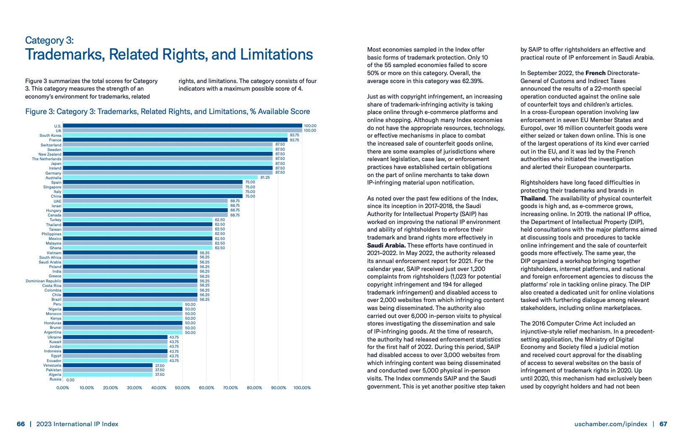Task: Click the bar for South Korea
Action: click(x=175, y=136)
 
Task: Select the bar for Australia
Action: click(x=160, y=178)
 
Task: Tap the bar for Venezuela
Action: click(x=108, y=365)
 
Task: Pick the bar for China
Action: click(x=153, y=196)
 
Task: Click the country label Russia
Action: click(x=55, y=379)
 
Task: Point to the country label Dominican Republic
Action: click(x=44, y=281)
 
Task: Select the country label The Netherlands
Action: click(x=47, y=159)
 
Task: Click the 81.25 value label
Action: click(x=265, y=177)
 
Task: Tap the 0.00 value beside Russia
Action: click(x=70, y=380)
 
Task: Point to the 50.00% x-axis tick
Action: click(x=182, y=388)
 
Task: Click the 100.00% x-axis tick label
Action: click(x=302, y=388)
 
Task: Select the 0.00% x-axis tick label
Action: click(x=63, y=388)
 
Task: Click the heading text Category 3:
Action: click(x=49, y=40)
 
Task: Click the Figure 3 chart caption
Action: click(x=168, y=112)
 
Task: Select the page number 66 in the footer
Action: click(x=21, y=424)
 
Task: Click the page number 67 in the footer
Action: click(x=663, y=424)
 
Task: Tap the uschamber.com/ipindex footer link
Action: click(x=611, y=424)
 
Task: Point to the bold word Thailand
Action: click(x=533, y=198)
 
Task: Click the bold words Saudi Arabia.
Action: click(x=386, y=245)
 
